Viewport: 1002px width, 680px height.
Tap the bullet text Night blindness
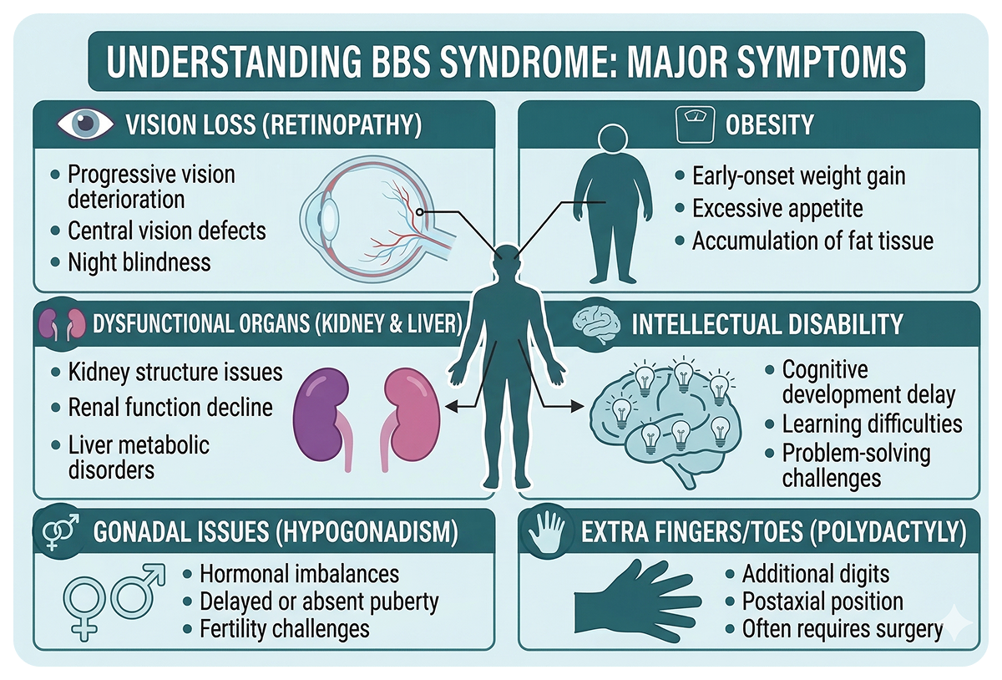[139, 261]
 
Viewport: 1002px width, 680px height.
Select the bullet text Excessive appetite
[777, 209]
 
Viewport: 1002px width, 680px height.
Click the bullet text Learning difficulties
[872, 424]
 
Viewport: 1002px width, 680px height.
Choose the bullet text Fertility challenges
[284, 627]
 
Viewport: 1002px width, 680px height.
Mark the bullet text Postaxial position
[822, 601]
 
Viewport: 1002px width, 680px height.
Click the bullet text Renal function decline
[170, 408]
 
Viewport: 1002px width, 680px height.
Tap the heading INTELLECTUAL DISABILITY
[767, 325]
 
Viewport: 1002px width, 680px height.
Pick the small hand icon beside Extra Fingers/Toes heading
[549, 530]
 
